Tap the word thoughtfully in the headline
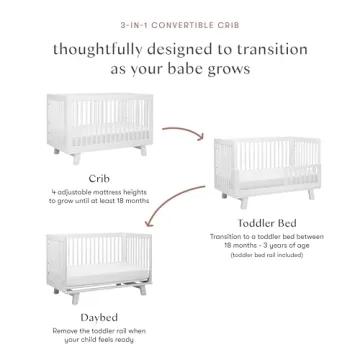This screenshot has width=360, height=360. (98, 50)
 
